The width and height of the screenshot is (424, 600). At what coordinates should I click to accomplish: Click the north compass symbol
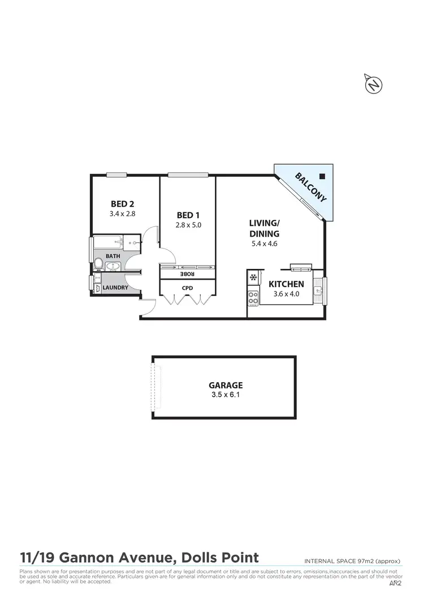point(373,84)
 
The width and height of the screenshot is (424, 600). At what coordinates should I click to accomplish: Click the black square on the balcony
point(322,175)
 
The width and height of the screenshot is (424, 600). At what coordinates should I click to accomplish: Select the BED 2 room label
point(122,204)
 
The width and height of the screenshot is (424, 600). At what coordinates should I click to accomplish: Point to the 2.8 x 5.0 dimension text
point(189,225)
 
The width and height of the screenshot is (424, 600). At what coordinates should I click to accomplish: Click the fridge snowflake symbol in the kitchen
point(254,278)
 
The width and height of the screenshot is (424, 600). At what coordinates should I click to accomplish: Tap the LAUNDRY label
point(115,288)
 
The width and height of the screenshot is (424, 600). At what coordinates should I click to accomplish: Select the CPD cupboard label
point(187,288)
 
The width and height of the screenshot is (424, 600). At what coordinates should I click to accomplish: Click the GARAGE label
point(225,384)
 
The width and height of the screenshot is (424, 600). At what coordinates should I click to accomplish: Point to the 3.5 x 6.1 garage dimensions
point(225,395)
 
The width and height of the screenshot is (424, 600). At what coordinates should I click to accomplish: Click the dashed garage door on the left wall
point(155,388)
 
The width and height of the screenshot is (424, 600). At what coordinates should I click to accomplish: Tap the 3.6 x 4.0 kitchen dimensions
point(286,294)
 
